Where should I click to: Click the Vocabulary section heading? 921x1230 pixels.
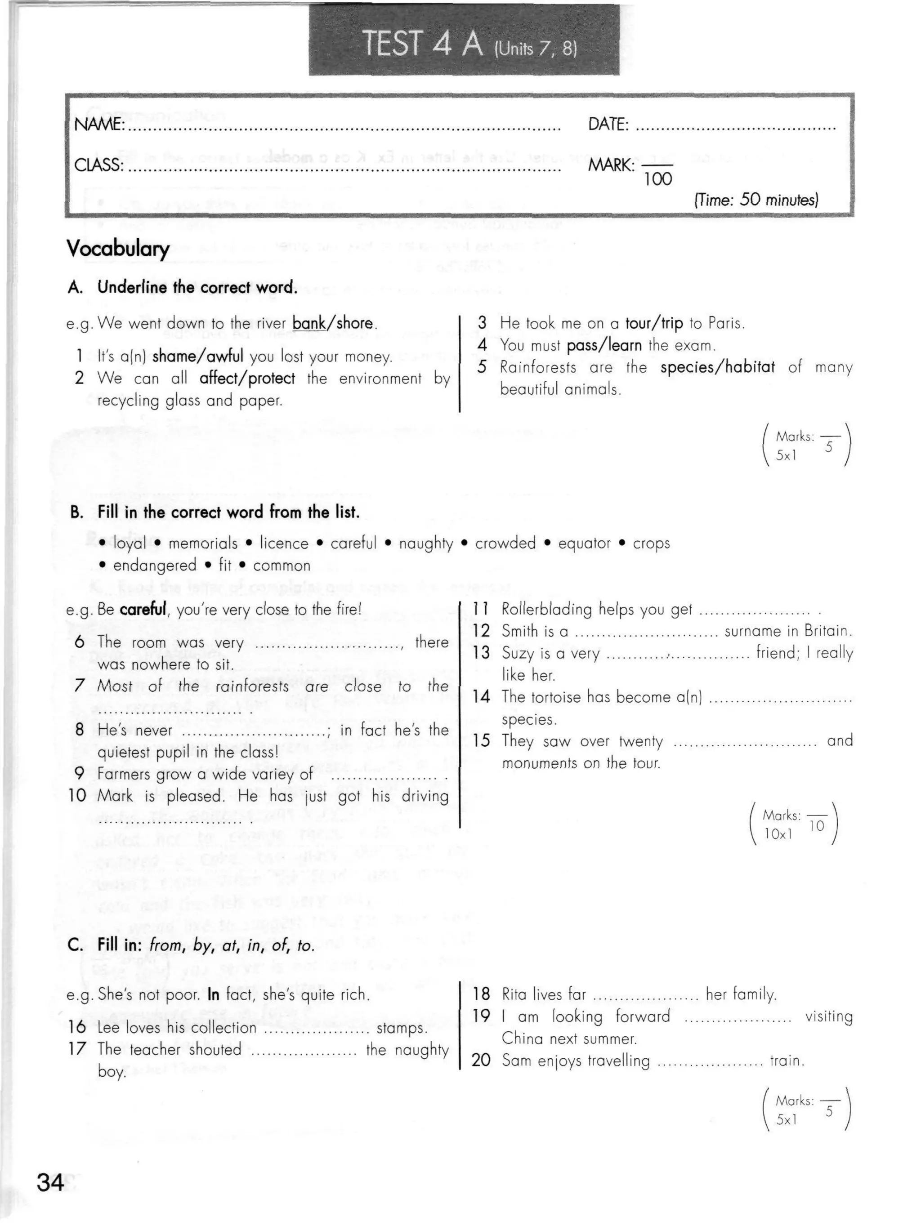(x=117, y=248)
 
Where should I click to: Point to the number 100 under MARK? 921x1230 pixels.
(x=658, y=179)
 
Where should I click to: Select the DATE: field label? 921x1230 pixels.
(x=608, y=125)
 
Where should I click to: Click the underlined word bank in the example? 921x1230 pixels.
(x=308, y=323)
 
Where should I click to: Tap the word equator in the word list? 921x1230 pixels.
(x=584, y=543)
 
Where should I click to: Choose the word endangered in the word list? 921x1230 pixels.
(x=155, y=566)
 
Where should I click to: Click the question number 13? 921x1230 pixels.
(x=481, y=652)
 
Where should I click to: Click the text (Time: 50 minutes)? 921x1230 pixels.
(x=756, y=200)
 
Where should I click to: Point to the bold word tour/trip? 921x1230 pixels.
(x=653, y=323)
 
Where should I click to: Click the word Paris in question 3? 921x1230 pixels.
(x=726, y=323)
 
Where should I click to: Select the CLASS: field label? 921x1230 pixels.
(x=98, y=165)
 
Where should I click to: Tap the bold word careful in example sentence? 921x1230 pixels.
(x=143, y=610)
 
